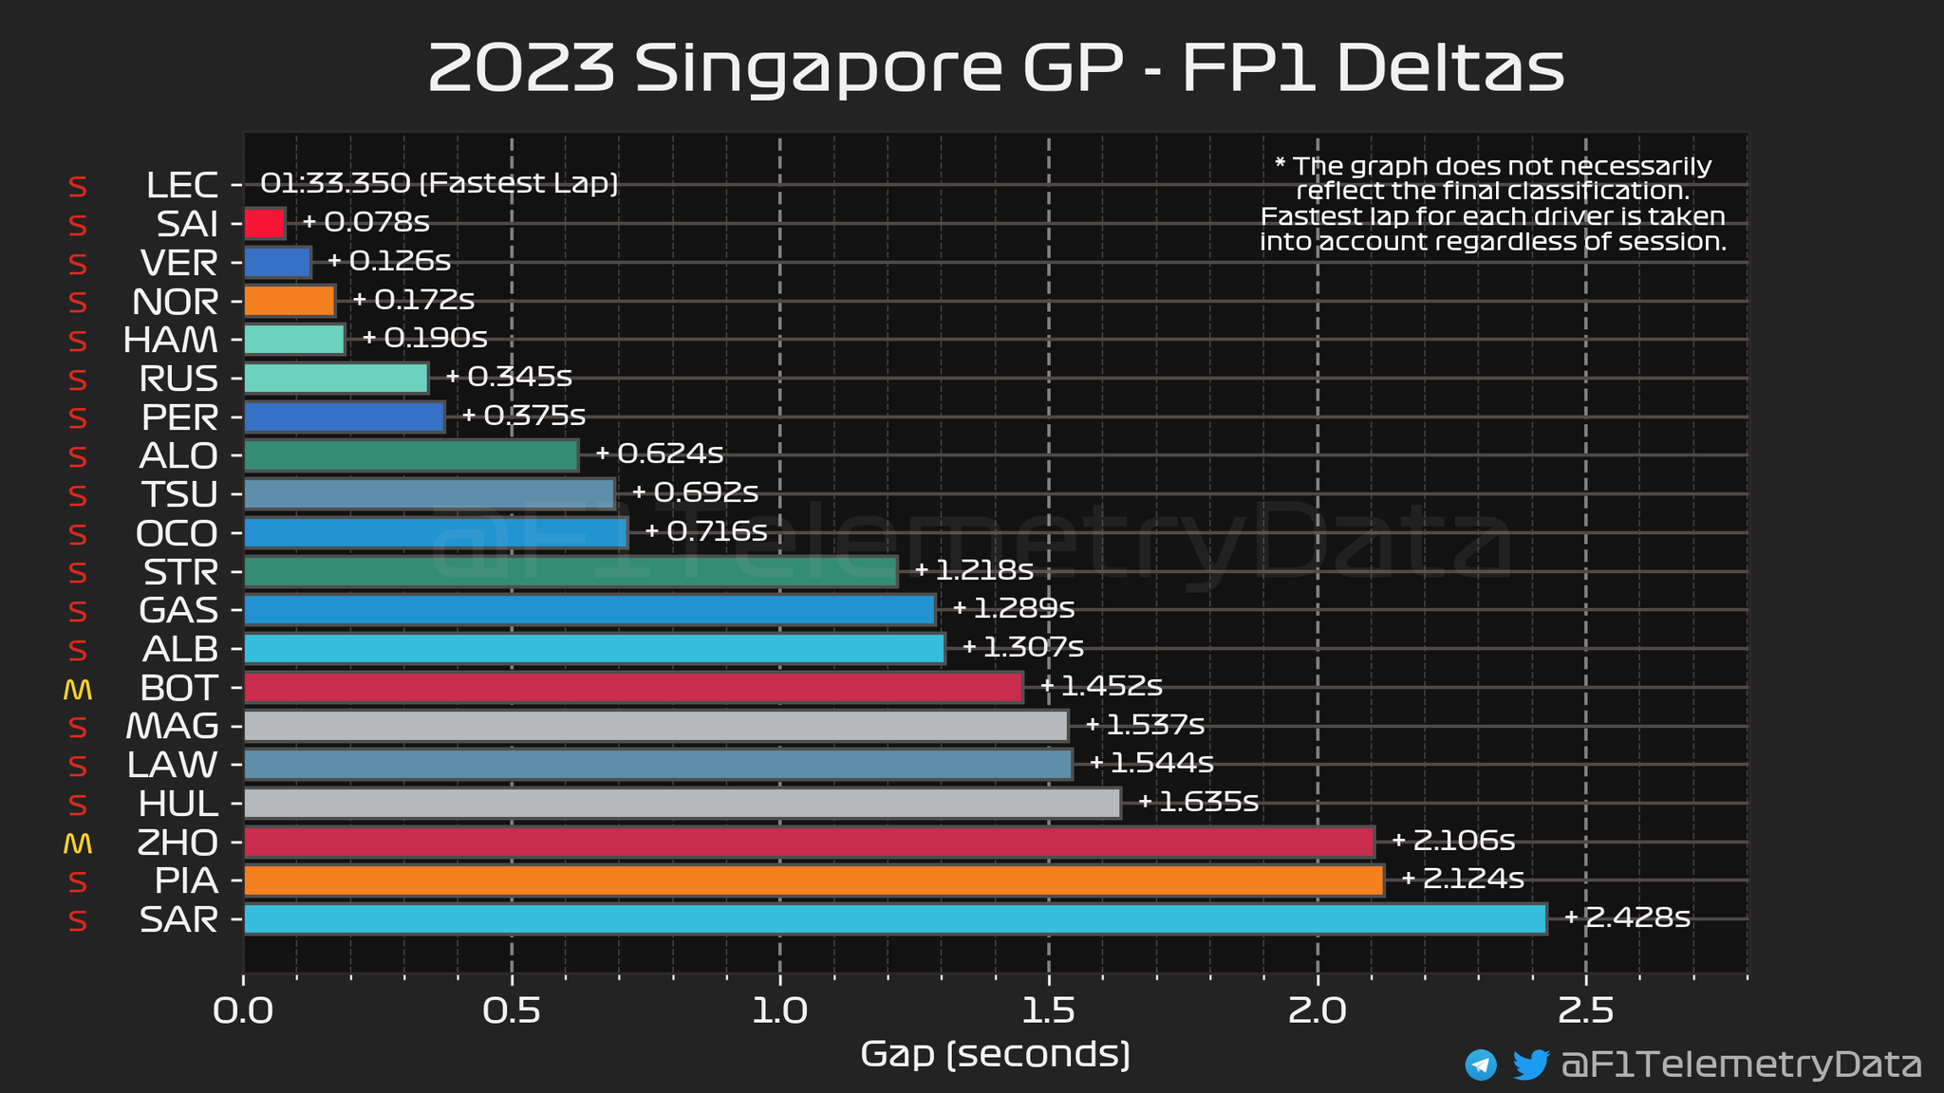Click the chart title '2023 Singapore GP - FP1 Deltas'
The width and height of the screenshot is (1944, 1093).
[x=995, y=68]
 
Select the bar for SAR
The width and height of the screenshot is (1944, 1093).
[x=895, y=919]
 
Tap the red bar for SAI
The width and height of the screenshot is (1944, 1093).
[x=265, y=224]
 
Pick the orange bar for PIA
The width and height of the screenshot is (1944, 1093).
[x=813, y=880]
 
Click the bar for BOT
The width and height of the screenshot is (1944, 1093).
[x=633, y=687]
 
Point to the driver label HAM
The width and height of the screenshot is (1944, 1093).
[x=171, y=340]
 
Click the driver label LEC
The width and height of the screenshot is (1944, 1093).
[x=182, y=185]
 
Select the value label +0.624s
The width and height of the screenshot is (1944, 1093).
[x=660, y=454]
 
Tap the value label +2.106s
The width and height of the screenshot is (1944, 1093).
[x=1453, y=841]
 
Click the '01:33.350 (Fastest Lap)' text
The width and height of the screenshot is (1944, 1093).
[x=439, y=183]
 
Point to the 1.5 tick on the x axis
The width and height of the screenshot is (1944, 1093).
[x=1049, y=1011]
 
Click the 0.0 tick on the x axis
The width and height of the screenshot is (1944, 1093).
[x=244, y=1011]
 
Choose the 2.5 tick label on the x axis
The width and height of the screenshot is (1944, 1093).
[x=1585, y=1011]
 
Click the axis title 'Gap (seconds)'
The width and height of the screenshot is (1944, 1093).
[x=995, y=1054]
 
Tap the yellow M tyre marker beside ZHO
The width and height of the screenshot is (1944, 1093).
[x=77, y=843]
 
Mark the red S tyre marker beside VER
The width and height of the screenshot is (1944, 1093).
[x=78, y=264]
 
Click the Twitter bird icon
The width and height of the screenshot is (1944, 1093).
[x=1530, y=1065]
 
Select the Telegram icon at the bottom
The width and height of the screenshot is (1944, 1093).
[x=1481, y=1065]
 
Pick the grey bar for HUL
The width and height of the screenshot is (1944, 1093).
[x=682, y=804]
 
